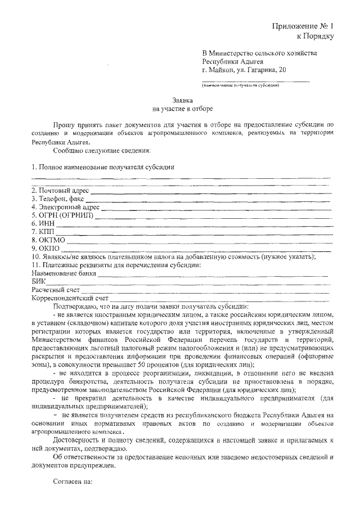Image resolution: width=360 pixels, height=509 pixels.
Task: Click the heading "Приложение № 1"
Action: click(303, 26)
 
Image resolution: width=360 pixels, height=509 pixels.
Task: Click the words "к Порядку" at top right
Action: click(315, 37)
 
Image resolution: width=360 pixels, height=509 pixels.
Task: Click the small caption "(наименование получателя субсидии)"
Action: click(240, 85)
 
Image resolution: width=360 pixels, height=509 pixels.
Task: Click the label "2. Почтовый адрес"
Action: click(60, 191)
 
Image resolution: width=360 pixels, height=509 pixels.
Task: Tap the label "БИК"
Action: click(38, 282)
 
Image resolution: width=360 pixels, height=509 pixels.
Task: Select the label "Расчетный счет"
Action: click(56, 290)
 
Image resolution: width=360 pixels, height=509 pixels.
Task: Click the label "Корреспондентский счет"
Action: click(70, 298)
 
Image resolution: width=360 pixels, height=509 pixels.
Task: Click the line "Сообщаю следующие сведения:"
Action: click(101, 151)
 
